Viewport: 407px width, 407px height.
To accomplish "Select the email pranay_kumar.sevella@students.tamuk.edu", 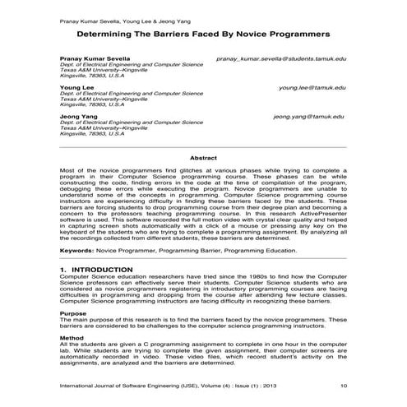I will [x=280, y=60].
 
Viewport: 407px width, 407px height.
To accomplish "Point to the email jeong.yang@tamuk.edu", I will [x=309, y=116].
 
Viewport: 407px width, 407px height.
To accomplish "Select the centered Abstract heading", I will [x=203, y=157].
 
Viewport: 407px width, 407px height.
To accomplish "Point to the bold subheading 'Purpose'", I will [x=74, y=313].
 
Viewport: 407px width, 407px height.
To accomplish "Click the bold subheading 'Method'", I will [x=72, y=339].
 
